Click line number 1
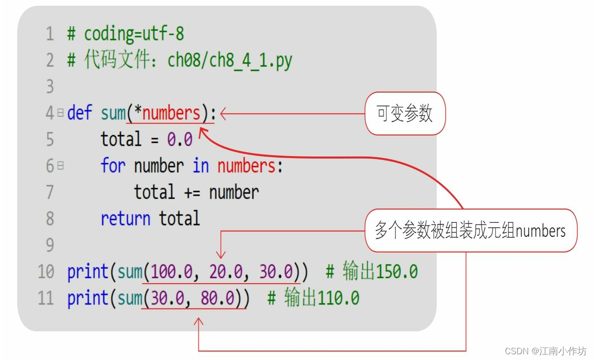pyautogui.click(x=50, y=34)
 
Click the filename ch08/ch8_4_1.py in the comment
pyautogui.click(x=229, y=61)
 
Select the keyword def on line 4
pyautogui.click(x=79, y=114)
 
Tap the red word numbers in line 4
pyautogui.click(x=171, y=114)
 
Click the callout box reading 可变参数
pyautogui.click(x=405, y=114)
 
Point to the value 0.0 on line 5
pyautogui.click(x=179, y=139)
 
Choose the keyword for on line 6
pyautogui.click(x=113, y=166)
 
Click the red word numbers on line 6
pyautogui.click(x=246, y=166)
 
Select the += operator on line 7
pyautogui.click(x=193, y=192)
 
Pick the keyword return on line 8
pyautogui.click(x=125, y=219)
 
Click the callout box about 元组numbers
pyautogui.click(x=470, y=231)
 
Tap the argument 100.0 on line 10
pyautogui.click(x=172, y=272)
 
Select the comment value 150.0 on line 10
pyautogui.click(x=396, y=272)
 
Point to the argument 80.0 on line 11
pyautogui.click(x=218, y=298)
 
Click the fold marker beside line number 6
pyautogui.click(x=61, y=166)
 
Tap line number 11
pyautogui.click(x=46, y=298)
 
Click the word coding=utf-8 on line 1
pyautogui.click(x=134, y=34)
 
